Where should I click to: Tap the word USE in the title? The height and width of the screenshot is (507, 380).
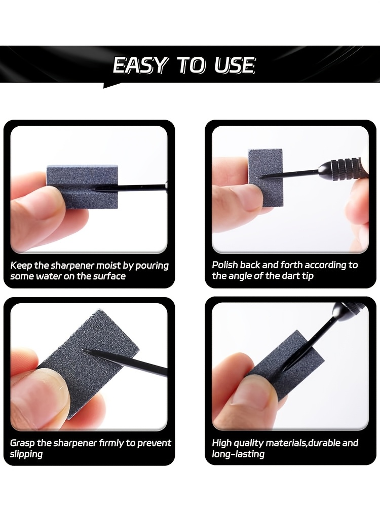[234, 65]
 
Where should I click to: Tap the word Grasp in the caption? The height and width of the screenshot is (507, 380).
[22, 443]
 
